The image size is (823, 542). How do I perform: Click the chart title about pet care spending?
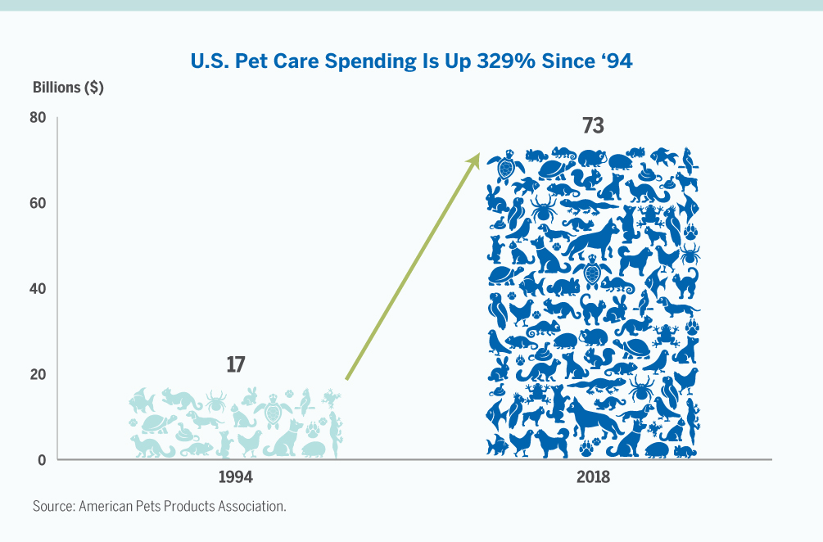[411, 61]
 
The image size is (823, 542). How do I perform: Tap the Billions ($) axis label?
[68, 88]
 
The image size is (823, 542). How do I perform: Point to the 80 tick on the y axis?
[38, 118]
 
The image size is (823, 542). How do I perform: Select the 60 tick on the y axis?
[38, 203]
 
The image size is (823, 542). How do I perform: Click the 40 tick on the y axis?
[38, 289]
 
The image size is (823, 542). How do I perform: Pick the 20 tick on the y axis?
[38, 374]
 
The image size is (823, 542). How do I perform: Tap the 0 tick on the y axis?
[41, 459]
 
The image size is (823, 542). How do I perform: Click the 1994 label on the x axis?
[235, 477]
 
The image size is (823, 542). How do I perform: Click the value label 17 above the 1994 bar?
[236, 364]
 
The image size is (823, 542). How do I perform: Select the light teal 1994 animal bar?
[236, 422]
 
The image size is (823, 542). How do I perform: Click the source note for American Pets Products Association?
[160, 506]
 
